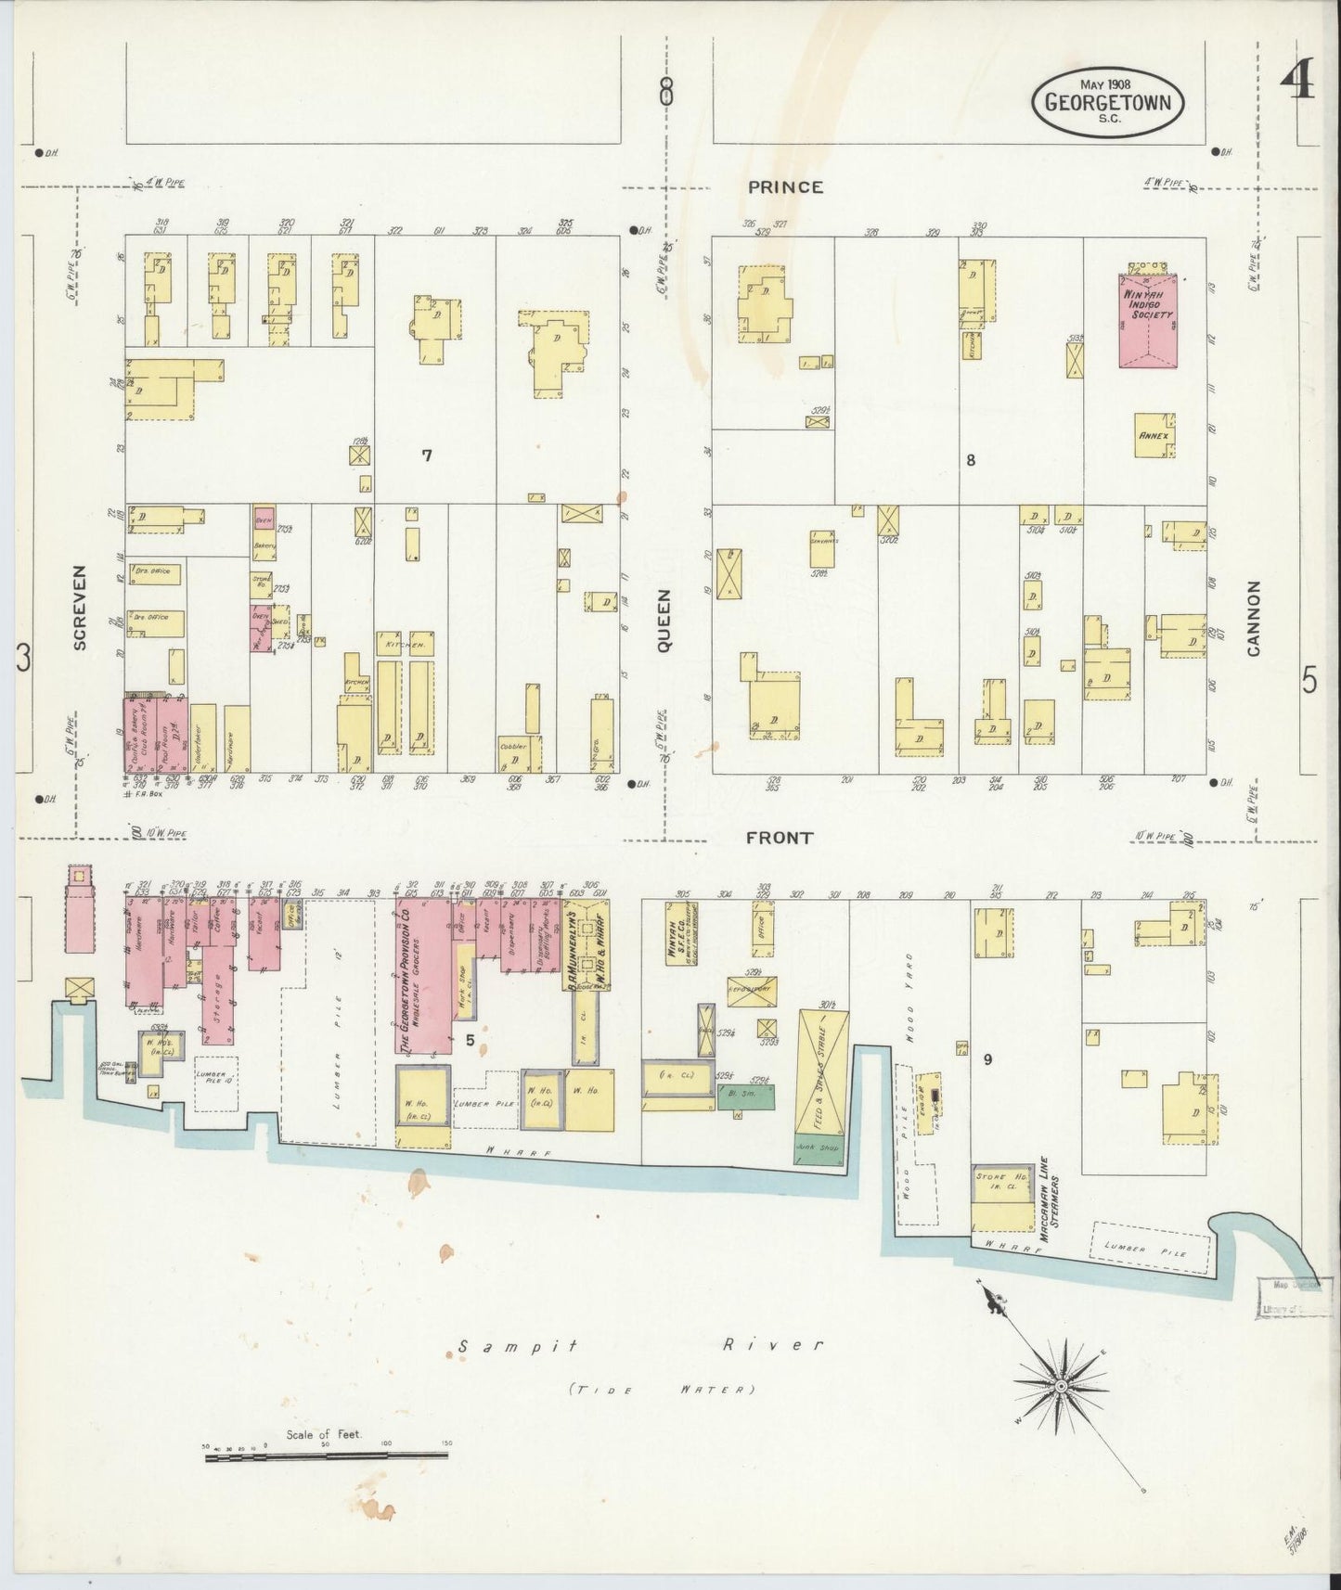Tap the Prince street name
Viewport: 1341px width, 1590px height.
tap(785, 186)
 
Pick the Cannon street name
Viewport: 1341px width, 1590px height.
tap(1254, 618)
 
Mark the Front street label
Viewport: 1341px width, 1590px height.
tap(780, 837)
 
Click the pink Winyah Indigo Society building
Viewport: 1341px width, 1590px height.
tap(1149, 319)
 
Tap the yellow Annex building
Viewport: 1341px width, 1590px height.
tap(1155, 434)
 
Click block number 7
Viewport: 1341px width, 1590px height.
tap(426, 455)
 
